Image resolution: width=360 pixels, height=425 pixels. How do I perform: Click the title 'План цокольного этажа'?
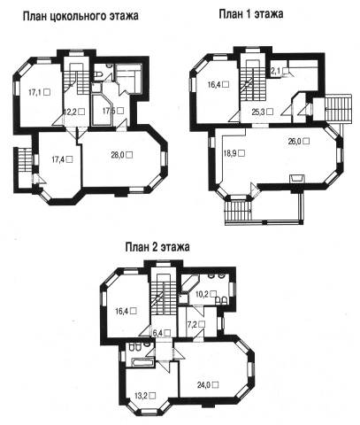80,16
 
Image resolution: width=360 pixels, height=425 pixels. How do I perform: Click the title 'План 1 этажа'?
251,14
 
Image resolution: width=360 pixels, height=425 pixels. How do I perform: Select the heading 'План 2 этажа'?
157,247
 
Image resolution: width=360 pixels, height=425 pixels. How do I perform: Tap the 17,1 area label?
39,92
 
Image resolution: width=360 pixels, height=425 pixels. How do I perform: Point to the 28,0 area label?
122,155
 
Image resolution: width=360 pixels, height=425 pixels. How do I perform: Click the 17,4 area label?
62,159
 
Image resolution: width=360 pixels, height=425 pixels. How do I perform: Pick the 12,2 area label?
74,112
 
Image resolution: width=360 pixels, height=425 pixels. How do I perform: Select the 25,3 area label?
262,112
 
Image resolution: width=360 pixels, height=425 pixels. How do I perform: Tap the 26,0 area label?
299,141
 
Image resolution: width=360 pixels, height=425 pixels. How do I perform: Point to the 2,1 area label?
280,71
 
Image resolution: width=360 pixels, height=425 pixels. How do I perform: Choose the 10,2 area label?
206,294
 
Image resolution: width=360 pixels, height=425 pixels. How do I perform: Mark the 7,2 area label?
196,324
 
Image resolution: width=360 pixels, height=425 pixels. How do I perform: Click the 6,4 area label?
162,333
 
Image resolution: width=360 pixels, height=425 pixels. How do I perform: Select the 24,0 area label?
208,385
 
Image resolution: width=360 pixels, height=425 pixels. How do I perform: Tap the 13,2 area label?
145,396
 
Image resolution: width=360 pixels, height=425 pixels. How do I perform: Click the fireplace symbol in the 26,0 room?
297,179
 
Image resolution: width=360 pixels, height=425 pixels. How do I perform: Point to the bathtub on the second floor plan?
143,362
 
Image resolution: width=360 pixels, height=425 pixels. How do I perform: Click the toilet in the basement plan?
98,74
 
